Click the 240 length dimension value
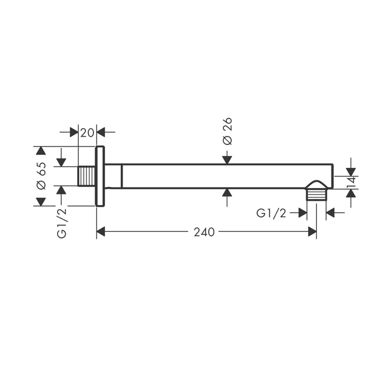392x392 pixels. point(204,232)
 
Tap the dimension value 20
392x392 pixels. point(87,133)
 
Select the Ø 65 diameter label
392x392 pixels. point(41,176)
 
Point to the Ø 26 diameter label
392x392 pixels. point(227,131)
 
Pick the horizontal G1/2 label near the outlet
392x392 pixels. point(271,213)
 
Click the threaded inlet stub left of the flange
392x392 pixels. point(87,176)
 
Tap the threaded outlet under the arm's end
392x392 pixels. point(316,194)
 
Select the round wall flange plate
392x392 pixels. point(100,176)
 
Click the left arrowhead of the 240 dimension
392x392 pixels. point(100,232)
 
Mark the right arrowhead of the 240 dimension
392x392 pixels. point(312,232)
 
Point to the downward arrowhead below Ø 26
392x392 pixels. point(227,160)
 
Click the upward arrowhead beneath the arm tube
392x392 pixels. point(227,193)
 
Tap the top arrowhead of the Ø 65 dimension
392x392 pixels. point(41,151)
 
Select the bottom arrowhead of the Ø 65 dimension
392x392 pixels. point(41,202)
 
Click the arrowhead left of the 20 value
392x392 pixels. point(74,132)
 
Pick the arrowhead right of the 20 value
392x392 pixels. point(101,132)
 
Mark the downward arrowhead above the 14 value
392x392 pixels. point(351,172)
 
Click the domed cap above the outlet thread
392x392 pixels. point(316,185)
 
